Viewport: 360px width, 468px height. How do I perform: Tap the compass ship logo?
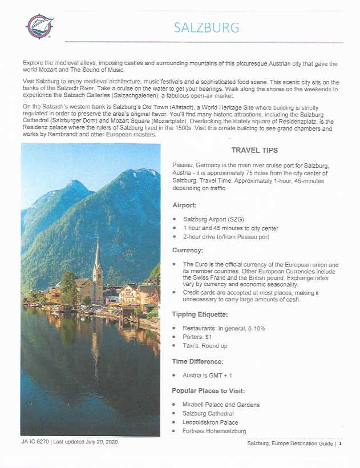pos(39,26)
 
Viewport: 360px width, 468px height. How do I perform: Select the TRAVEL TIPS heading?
pos(254,151)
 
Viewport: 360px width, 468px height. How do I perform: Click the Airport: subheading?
pos(186,205)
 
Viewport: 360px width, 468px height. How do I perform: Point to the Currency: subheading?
pos(189,250)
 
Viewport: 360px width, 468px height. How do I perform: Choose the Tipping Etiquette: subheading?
pos(201,314)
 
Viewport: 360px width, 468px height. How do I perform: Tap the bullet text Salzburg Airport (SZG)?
pos(211,219)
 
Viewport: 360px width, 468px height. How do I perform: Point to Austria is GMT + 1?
pos(212,376)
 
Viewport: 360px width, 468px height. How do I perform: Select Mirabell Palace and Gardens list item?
pos(221,405)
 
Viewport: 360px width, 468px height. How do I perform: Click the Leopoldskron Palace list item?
pos(210,422)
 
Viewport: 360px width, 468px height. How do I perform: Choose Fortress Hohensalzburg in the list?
pos(214,431)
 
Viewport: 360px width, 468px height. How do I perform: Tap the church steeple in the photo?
pos(98,257)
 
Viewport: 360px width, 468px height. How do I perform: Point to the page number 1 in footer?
pos(339,444)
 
